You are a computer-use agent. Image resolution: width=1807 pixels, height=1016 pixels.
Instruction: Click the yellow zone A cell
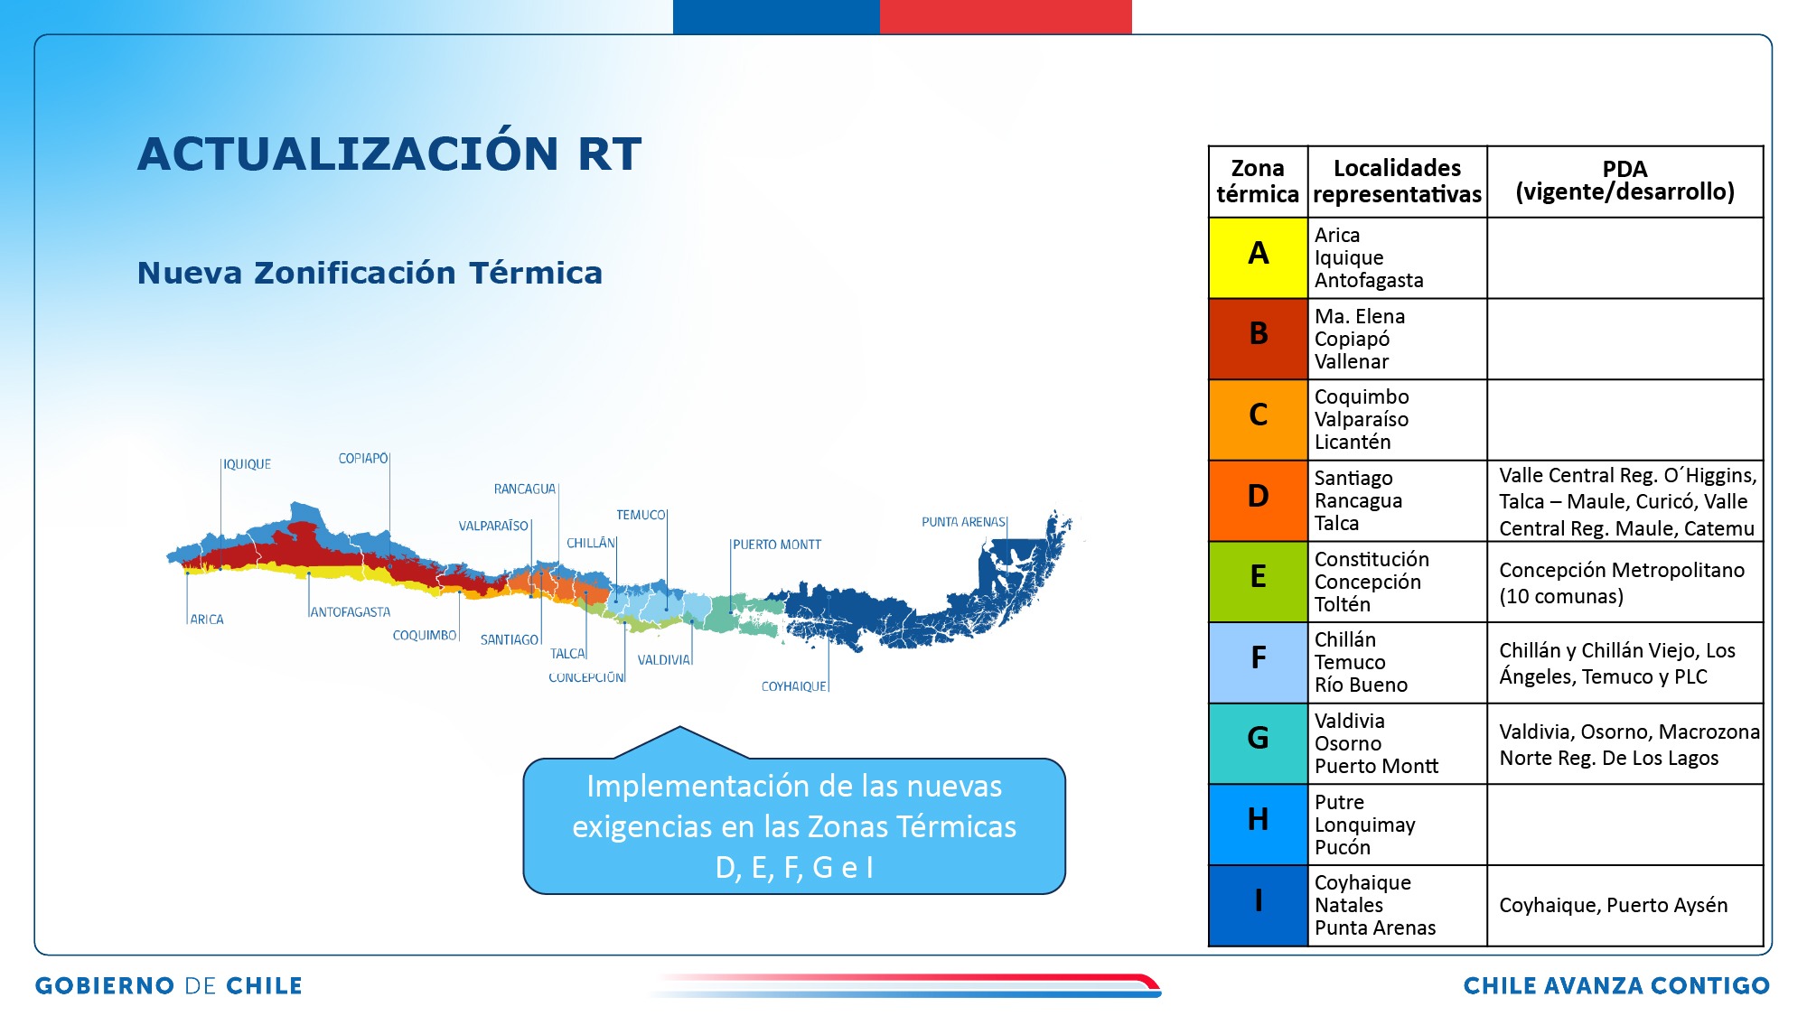tap(1258, 257)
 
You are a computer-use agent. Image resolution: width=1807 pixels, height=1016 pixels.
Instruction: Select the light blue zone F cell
tap(1258, 662)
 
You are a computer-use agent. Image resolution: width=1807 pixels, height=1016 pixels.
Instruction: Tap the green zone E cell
tap(1258, 582)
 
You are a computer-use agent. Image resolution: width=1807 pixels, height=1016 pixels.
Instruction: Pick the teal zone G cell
tap(1258, 743)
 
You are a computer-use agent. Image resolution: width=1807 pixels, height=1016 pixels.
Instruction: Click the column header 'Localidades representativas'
tap(1397, 181)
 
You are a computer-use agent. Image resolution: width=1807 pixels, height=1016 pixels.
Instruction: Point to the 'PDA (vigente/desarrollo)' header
tap(1624, 181)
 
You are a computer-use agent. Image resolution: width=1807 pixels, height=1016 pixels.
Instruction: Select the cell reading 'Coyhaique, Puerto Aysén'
tap(1614, 905)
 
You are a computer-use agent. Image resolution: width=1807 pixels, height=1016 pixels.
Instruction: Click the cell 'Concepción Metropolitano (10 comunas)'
tap(1622, 583)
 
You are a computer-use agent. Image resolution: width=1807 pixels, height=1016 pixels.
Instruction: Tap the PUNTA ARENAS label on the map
tap(963, 522)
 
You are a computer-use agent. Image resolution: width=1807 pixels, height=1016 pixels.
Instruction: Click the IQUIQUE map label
tap(247, 464)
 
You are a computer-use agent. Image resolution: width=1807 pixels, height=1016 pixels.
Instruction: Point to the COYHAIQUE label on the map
tap(793, 686)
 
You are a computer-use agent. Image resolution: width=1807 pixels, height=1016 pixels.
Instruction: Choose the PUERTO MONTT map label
tap(777, 545)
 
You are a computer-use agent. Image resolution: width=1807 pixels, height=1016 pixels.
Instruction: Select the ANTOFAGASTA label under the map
tap(351, 612)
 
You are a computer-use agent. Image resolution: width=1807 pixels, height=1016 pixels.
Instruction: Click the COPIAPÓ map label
tap(363, 459)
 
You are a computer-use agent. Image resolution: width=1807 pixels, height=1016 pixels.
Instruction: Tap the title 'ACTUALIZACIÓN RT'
tap(389, 153)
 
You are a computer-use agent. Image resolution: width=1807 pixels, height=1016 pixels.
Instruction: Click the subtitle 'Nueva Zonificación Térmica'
tap(370, 273)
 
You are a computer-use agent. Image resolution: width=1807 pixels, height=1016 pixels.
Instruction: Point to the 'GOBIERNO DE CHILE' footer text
tap(169, 985)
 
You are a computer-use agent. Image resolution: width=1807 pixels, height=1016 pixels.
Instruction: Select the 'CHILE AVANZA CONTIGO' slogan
tap(1616, 985)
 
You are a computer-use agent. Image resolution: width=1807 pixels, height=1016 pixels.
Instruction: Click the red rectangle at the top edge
tap(1006, 17)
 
